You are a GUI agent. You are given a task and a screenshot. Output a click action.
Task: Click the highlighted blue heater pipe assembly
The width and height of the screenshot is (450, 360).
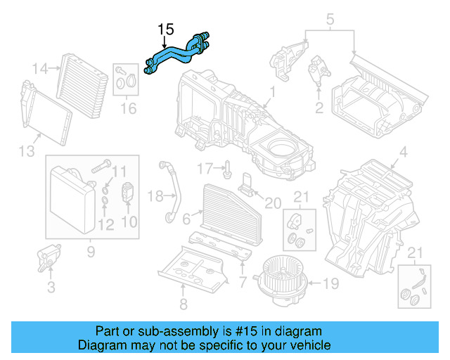[x=176, y=53]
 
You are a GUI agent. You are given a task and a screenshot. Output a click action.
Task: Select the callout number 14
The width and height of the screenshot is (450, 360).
[x=41, y=69]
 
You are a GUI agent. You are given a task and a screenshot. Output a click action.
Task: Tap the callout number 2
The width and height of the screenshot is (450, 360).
[x=319, y=108]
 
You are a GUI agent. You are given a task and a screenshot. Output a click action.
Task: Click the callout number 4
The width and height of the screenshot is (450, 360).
[x=403, y=152]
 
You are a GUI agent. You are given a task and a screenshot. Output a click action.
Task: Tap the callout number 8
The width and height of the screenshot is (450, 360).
[x=184, y=304]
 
